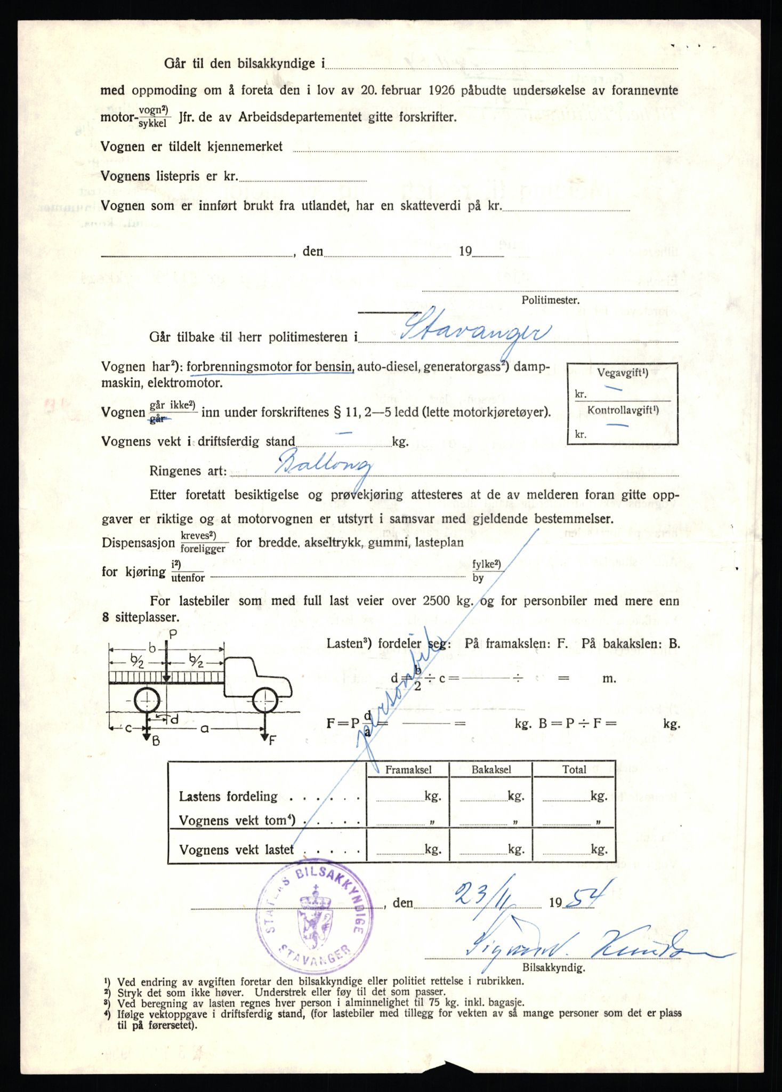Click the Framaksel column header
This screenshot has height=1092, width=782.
point(408,769)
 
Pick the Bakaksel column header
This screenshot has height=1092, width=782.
point(491,769)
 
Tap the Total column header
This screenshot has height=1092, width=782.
point(574,769)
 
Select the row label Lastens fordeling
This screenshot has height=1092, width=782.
point(228,797)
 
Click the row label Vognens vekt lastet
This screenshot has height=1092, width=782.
point(236,850)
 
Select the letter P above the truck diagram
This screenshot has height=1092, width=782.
point(172,634)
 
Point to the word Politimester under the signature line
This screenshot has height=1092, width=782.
point(550,300)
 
